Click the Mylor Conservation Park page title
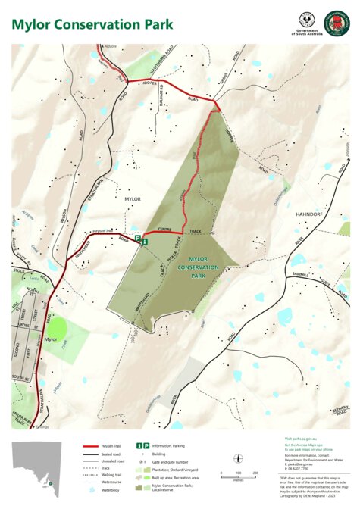pos(92,24)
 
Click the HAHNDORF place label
pos(310,214)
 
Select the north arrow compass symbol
pos(237,457)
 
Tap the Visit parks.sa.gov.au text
pos(299,439)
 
